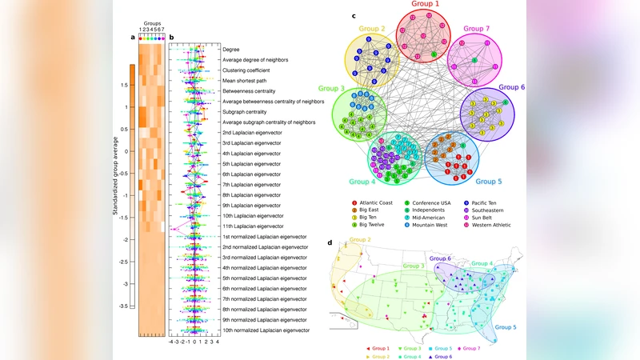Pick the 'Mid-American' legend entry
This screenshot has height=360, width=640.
pyautogui.click(x=435, y=217)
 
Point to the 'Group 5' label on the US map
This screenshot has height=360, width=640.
pyautogui.click(x=506, y=326)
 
